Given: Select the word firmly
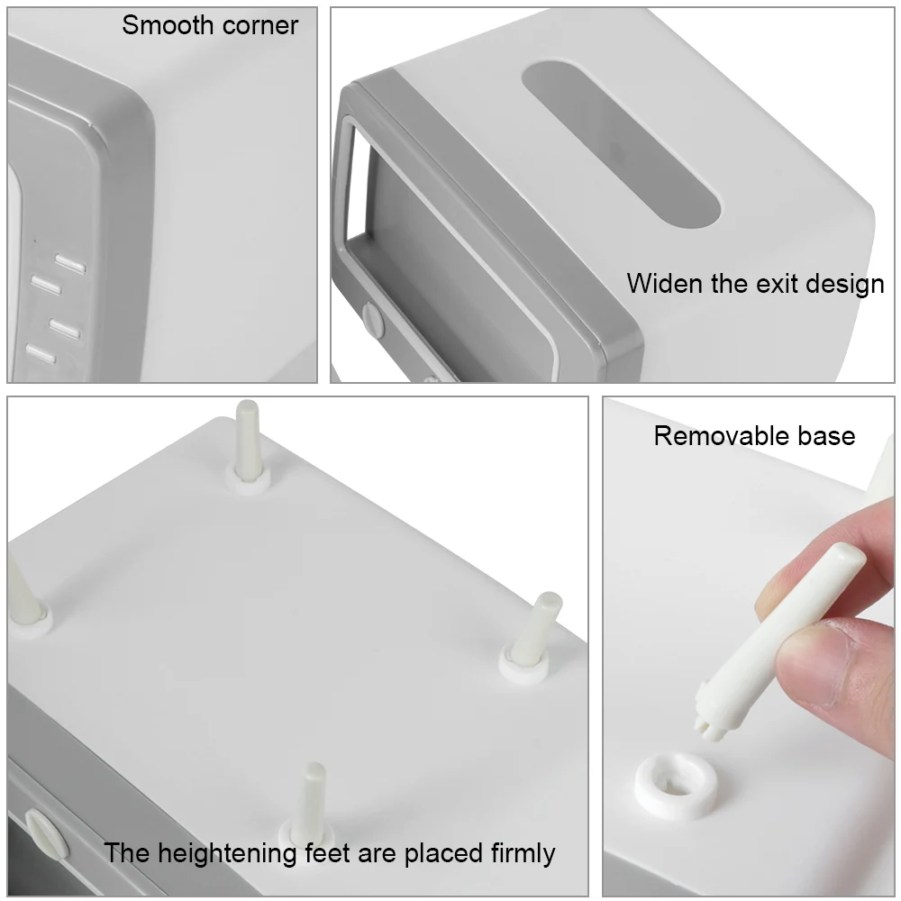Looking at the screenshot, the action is click(523, 854).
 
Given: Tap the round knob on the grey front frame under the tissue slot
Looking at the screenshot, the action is click(373, 320).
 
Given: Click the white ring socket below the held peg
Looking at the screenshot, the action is click(677, 785).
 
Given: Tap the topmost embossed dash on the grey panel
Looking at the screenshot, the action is click(70, 263).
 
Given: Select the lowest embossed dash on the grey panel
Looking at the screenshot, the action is click(41, 354).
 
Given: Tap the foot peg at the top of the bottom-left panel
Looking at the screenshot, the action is click(248, 448).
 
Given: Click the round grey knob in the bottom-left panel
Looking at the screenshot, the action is click(46, 836).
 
